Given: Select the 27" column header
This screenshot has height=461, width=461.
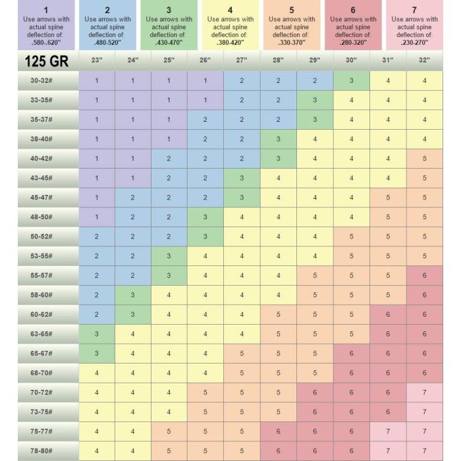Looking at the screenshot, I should tap(242, 60).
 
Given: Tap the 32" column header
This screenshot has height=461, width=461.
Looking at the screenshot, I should tap(424, 60).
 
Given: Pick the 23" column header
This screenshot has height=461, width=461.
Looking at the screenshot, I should tap(96, 60).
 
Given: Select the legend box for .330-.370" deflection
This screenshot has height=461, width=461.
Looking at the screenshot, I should tap(291, 25).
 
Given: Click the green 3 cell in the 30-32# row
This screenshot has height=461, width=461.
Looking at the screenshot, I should tap(351, 81).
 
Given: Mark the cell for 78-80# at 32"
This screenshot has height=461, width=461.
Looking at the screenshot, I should tap(424, 451).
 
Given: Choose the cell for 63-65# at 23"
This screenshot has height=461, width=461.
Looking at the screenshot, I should tap(96, 335).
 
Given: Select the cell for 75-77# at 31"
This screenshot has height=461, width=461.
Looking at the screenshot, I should tap(388, 432).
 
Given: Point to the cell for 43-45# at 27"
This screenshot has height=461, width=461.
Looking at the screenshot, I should tap(242, 178).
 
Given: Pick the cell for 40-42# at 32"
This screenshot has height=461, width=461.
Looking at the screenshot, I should tap(424, 159).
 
